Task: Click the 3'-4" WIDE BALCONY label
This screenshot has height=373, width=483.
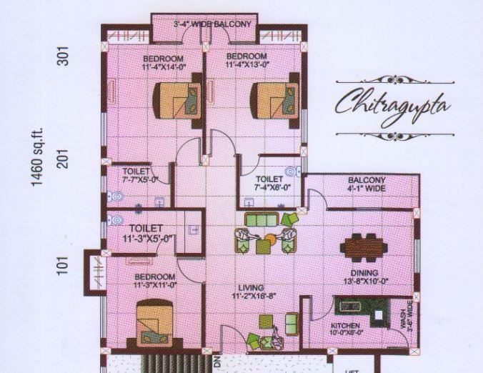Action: tap(212, 25)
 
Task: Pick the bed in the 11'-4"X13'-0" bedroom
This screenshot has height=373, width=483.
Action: tap(272, 100)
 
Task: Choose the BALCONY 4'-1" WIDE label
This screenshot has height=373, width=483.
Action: tap(367, 184)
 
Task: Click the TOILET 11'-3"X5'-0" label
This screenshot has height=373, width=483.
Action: tap(146, 233)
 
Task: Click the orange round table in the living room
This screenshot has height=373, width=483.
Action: tap(270, 239)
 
